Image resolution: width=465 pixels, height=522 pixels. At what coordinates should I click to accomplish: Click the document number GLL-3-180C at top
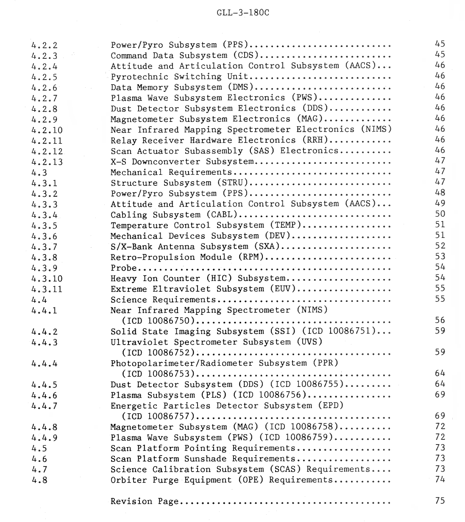242,12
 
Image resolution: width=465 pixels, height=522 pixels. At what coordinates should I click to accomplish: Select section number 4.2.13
47,162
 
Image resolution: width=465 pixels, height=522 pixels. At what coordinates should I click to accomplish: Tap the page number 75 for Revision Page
440,500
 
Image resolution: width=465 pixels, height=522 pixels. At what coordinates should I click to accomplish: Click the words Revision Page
145,501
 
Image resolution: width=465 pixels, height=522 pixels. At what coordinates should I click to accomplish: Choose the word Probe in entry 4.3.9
124,268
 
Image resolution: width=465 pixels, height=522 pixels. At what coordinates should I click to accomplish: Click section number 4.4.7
45,406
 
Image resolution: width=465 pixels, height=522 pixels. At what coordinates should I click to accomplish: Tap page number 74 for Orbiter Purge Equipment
440,479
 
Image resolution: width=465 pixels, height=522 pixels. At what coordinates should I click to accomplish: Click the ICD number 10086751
350,331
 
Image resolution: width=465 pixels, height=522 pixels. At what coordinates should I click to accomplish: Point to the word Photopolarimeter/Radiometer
182,363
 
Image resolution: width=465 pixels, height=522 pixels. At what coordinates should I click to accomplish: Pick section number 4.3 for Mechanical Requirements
39,172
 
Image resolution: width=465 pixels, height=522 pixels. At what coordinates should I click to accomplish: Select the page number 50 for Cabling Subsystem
440,214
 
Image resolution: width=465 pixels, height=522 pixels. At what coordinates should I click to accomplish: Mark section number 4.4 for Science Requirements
39,300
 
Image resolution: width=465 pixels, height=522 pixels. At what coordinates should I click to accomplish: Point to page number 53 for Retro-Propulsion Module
440,256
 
